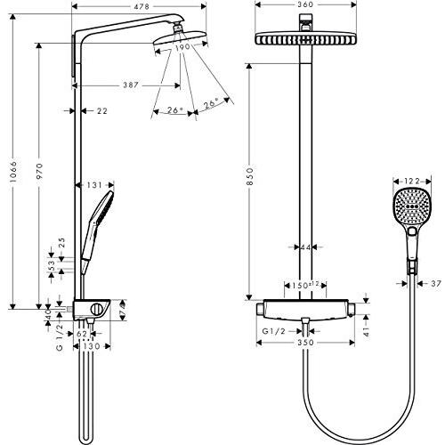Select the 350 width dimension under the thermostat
click(x=305, y=340)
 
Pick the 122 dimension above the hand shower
click(x=411, y=181)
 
